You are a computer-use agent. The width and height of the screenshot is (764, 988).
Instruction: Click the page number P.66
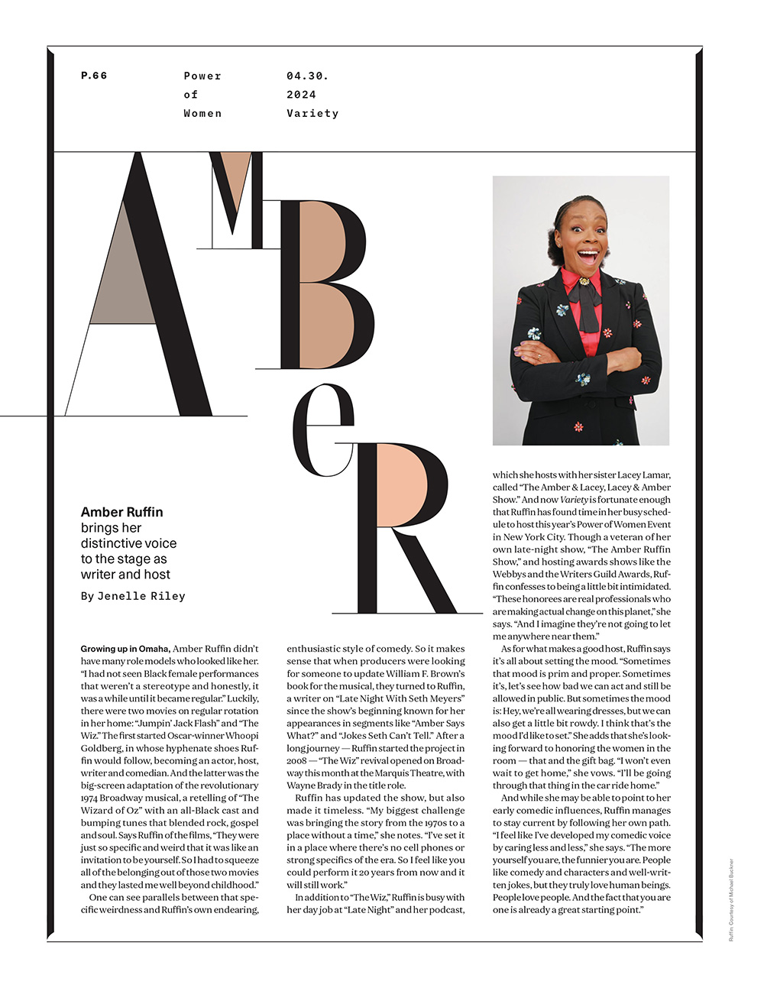coord(94,76)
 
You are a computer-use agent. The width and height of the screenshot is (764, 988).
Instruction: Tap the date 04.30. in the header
coord(307,76)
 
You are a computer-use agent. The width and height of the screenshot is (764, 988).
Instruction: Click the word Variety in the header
coord(312,113)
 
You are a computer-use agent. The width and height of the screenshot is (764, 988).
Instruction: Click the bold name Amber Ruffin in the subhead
coord(121,512)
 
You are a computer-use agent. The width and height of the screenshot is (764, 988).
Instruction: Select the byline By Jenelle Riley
coord(133,596)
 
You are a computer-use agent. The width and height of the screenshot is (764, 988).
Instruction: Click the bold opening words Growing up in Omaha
coord(125,649)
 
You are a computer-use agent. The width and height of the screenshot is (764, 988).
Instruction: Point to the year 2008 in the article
coord(299,760)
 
